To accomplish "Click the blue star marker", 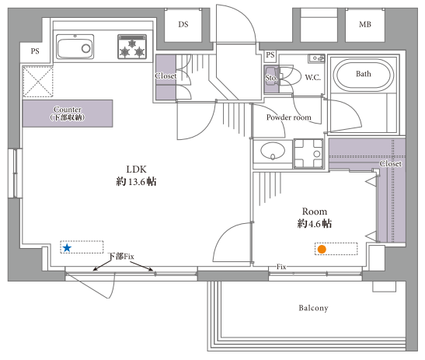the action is (x=67, y=248).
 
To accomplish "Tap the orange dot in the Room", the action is (x=322, y=249).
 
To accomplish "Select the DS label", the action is (x=183, y=24).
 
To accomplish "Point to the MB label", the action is (x=365, y=24).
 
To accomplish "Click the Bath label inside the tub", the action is (x=364, y=74).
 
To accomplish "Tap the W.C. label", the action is (x=312, y=78).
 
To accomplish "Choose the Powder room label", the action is (x=289, y=117).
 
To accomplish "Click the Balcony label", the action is (x=314, y=308).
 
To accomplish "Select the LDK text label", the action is (x=136, y=170).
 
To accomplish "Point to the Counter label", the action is (x=68, y=110).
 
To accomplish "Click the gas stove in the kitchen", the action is (x=132, y=47).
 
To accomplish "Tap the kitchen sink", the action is (x=75, y=47).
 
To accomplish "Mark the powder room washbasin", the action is (x=273, y=151).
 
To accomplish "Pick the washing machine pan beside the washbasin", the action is (x=308, y=154).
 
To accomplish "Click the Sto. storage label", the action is (x=271, y=78).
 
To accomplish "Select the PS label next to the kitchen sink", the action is (x=35, y=51).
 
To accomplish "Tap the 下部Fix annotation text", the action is (x=121, y=256).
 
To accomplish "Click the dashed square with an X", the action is (x=37, y=82).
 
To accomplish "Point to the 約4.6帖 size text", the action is (x=315, y=224).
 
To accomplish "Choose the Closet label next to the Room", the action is (x=390, y=163).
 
